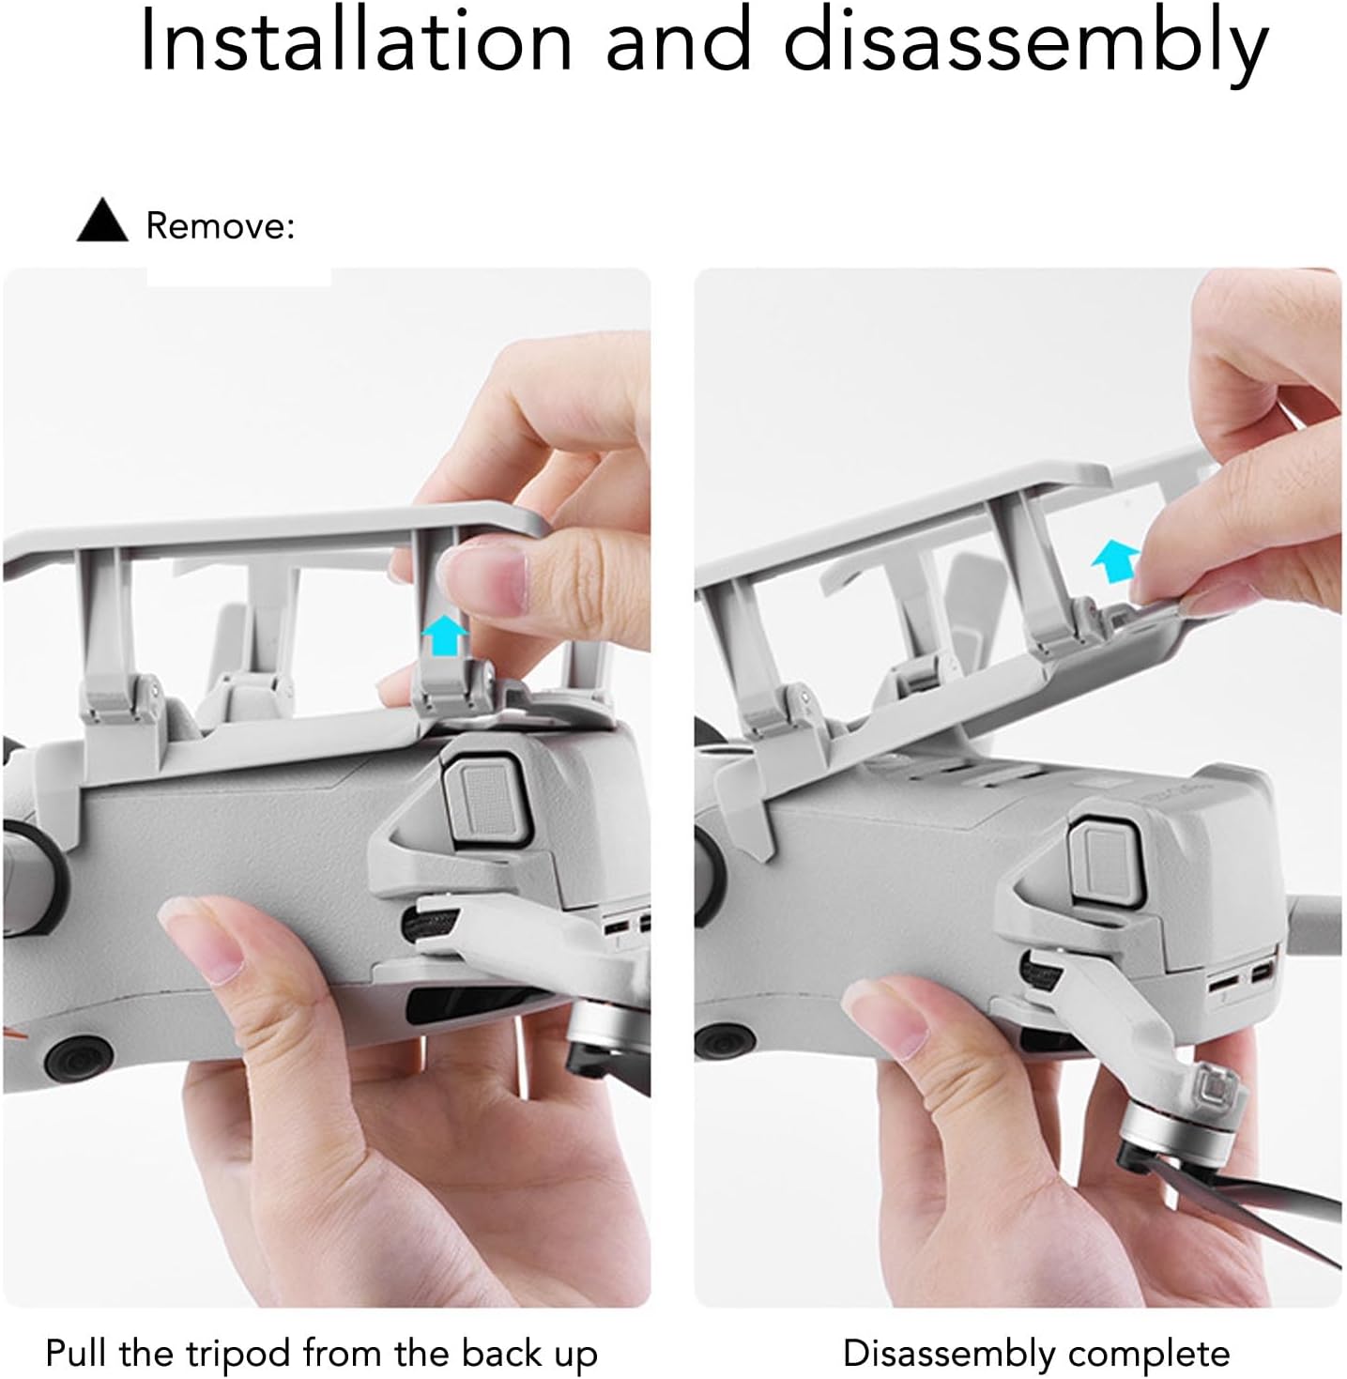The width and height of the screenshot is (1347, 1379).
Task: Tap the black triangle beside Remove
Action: point(102,220)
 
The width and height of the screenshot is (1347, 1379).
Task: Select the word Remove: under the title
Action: point(220,226)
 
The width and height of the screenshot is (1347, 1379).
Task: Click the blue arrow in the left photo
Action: point(444,635)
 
